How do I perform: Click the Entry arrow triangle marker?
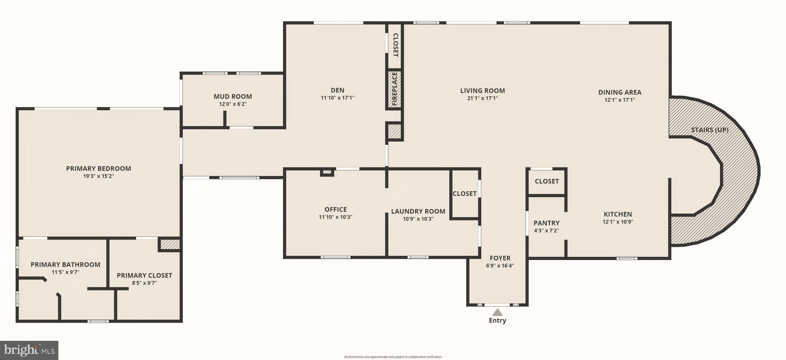tap(497, 312)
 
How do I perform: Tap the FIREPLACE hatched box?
tap(394, 89)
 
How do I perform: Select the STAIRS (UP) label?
tap(710, 130)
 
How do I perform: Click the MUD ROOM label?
tap(233, 97)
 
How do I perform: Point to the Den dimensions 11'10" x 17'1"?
tap(337, 98)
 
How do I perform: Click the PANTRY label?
tap(546, 223)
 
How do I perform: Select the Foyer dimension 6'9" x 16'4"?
tap(500, 266)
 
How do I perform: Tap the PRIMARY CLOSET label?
tap(144, 276)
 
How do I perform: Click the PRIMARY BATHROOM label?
tap(65, 264)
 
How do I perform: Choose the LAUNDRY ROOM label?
tap(418, 211)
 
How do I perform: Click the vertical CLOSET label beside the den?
tap(395, 45)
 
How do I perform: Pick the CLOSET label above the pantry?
tap(546, 181)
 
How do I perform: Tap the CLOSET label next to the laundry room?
tap(464, 194)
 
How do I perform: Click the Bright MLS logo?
tap(29, 350)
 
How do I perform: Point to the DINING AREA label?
tap(619, 92)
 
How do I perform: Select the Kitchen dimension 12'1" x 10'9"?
tap(617, 221)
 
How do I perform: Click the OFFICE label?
tap(335, 210)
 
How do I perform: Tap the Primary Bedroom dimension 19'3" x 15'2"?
tap(98, 176)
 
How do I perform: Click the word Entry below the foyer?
tap(497, 320)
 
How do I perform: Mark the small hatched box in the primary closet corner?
tap(170, 244)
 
